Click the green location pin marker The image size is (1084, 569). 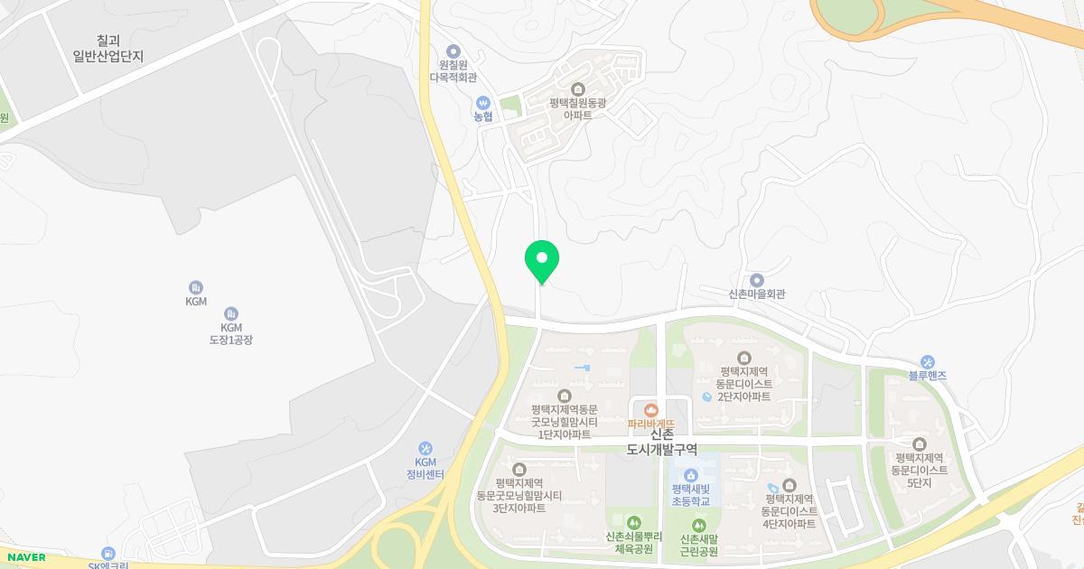tap(542, 261)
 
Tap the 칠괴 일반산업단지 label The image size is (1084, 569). tap(108, 48)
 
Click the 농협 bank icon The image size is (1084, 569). tap(484, 102)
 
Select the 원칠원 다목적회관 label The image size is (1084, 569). tap(453, 71)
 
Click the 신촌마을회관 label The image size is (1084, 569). tap(757, 294)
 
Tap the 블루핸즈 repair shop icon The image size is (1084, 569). tap(928, 361)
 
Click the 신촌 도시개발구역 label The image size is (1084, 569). tap(662, 441)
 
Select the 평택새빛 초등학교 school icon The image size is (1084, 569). tap(691, 475)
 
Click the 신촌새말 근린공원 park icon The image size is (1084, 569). tap(697, 525)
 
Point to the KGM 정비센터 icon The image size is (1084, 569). tap(425, 448)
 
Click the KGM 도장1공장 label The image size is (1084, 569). tap(231, 332)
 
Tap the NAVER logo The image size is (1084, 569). tap(23, 557)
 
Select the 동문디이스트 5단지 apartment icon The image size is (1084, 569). tap(920, 443)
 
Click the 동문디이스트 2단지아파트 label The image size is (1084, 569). tap(744, 384)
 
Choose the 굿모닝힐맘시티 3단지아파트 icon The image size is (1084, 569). tap(519, 469)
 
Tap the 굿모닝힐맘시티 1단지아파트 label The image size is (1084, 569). tap(565, 422)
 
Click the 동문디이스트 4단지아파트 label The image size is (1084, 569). tap(790, 511)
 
